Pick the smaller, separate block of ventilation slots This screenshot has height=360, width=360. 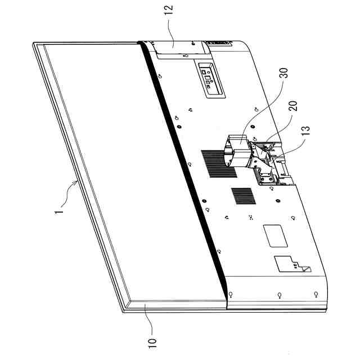(x=243, y=196)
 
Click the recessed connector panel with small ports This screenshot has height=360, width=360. (x=208, y=78)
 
